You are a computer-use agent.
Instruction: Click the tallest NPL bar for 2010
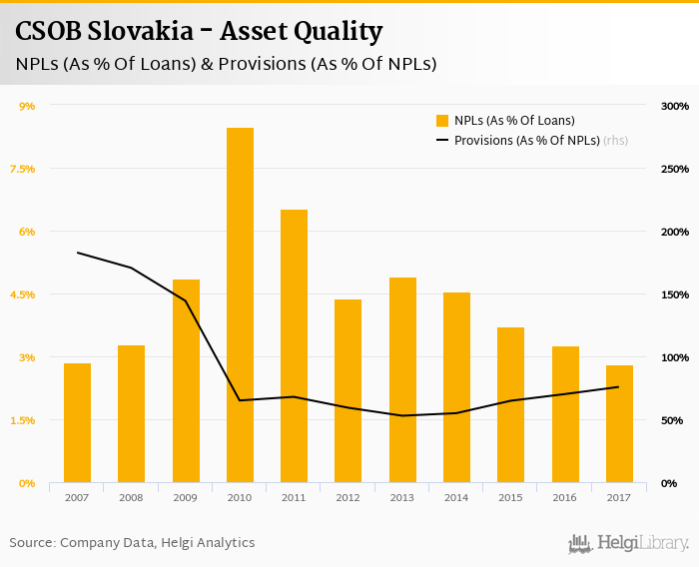click(240, 304)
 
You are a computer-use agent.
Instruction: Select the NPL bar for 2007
click(77, 422)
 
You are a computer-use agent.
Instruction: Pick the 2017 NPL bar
click(619, 423)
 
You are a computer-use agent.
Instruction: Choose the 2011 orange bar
click(294, 345)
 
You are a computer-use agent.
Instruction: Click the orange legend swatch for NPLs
click(442, 121)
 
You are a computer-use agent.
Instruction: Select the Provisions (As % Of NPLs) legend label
click(526, 141)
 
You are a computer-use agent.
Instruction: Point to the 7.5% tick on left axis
click(22, 169)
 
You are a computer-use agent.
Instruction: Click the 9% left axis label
click(28, 106)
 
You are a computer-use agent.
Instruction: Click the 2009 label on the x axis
click(186, 497)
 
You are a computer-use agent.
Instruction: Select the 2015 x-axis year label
click(510, 497)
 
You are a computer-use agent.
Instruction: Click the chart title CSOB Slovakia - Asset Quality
click(199, 32)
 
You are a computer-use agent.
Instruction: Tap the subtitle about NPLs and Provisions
click(226, 64)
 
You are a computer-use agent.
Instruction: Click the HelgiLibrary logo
click(628, 543)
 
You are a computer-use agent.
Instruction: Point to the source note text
click(132, 543)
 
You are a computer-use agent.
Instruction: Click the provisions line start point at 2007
click(78, 253)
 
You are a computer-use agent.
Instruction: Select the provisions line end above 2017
click(619, 387)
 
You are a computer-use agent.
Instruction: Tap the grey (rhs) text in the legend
click(615, 141)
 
